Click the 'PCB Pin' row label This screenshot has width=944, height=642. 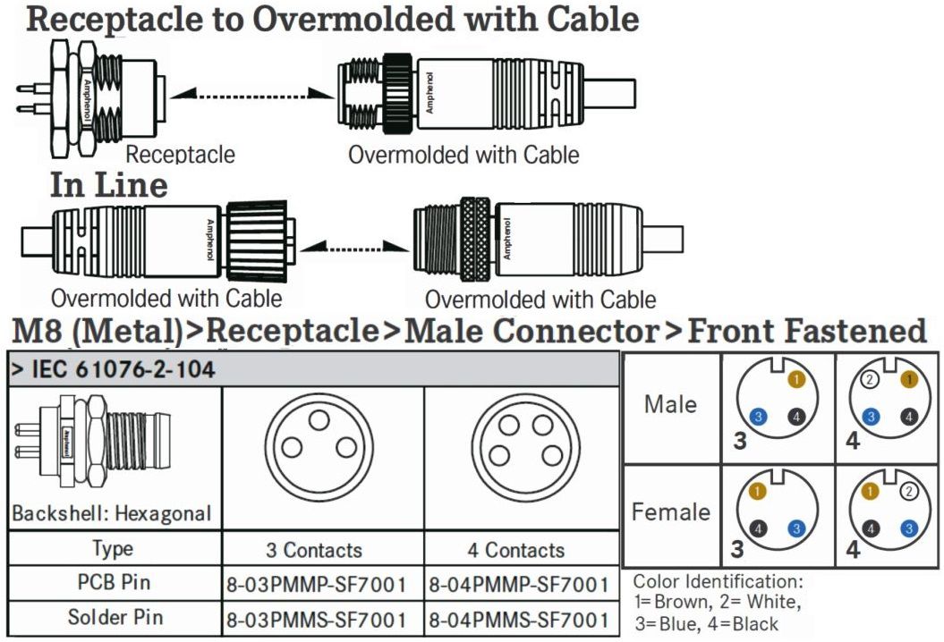point(114,583)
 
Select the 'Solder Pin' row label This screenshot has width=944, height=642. point(114,618)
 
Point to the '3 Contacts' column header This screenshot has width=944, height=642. point(314,550)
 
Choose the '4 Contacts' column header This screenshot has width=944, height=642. point(516,550)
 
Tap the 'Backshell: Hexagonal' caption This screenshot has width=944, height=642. point(112,514)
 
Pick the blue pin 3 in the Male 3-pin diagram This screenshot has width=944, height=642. point(758,416)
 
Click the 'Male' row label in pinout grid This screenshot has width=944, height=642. point(670,404)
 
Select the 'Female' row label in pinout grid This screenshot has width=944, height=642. point(670,512)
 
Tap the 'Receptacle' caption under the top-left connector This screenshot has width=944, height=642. point(180,154)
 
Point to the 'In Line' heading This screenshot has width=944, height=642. point(108,184)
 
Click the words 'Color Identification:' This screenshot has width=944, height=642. point(719,581)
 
